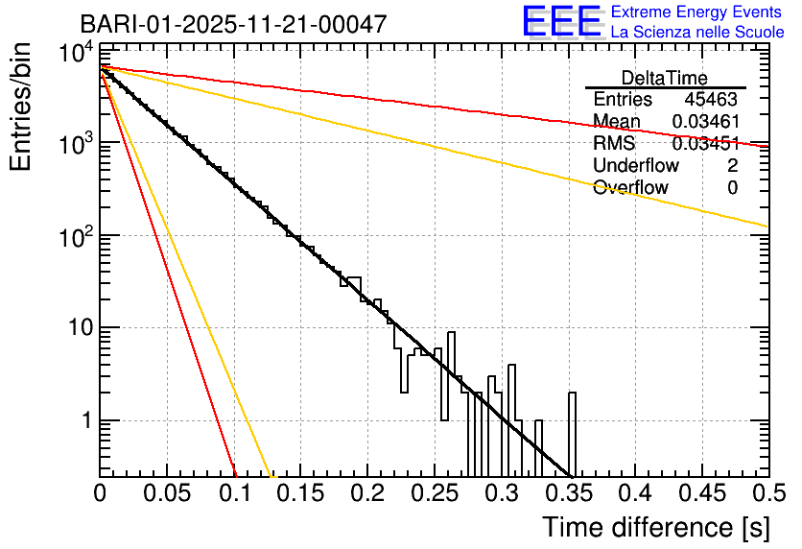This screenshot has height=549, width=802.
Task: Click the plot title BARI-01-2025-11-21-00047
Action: (x=233, y=24)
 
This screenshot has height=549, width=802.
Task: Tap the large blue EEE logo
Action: (x=562, y=22)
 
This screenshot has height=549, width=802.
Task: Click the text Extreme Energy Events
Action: (x=697, y=12)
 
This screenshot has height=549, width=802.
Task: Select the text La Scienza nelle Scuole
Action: (x=697, y=33)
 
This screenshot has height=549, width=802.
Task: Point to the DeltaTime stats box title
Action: (x=664, y=78)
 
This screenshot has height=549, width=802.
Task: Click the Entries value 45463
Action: (x=711, y=100)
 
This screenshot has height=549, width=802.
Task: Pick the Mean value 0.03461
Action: (x=705, y=122)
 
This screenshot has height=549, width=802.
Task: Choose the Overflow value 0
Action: (x=732, y=188)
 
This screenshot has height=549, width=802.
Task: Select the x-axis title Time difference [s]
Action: (x=654, y=527)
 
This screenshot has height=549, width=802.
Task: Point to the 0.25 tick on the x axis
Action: (x=434, y=493)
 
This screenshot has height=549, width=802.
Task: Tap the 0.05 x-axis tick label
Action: (x=167, y=493)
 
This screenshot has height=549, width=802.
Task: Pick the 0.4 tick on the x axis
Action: (x=634, y=493)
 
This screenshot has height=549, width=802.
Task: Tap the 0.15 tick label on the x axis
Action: (x=300, y=493)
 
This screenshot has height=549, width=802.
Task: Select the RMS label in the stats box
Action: (x=614, y=144)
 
